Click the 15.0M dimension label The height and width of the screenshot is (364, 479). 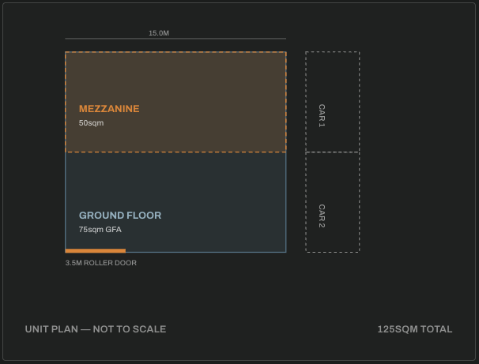pyautogui.click(x=159, y=33)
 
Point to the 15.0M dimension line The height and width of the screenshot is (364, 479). pyautogui.click(x=175, y=39)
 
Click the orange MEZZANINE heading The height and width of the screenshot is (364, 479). pyautogui.click(x=109, y=109)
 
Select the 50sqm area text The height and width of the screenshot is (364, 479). pyautogui.click(x=91, y=123)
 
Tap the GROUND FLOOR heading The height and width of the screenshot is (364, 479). pyautogui.click(x=120, y=216)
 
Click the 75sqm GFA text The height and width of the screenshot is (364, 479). pyautogui.click(x=100, y=230)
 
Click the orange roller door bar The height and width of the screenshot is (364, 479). pyautogui.click(x=96, y=251)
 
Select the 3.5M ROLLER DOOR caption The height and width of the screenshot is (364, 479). pyautogui.click(x=101, y=263)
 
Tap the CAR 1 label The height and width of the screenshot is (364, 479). pyautogui.click(x=322, y=115)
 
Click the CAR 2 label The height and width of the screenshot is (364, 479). pyautogui.click(x=322, y=216)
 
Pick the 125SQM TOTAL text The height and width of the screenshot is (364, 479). pyautogui.click(x=415, y=329)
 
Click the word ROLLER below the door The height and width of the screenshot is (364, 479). pyautogui.click(x=96, y=263)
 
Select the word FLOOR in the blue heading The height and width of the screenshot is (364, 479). pyautogui.click(x=144, y=216)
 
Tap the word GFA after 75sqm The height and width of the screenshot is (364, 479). pyautogui.click(x=114, y=230)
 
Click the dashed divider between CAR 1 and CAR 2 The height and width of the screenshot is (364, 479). pyautogui.click(x=332, y=152)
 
